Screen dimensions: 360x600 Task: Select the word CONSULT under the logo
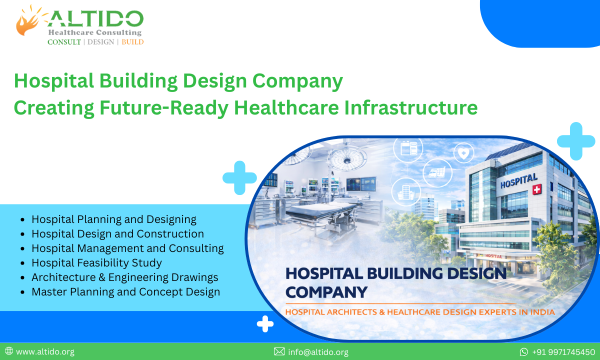(x=64, y=42)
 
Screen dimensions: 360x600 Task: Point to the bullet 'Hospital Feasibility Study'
(x=96, y=262)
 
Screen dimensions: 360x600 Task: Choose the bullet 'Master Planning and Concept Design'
(x=125, y=291)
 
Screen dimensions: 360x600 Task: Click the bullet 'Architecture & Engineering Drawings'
(x=124, y=277)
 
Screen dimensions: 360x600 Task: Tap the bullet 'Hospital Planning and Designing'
(x=113, y=219)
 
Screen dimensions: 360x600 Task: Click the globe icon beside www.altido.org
(x=9, y=351)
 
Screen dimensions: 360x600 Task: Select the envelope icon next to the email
(x=279, y=351)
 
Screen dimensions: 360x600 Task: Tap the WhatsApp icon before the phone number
(x=524, y=351)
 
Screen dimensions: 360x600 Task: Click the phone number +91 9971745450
(x=563, y=351)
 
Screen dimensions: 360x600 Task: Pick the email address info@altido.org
(x=318, y=351)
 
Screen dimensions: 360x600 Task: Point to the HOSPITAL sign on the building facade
(x=518, y=180)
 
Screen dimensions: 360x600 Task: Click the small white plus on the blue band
(x=265, y=324)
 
